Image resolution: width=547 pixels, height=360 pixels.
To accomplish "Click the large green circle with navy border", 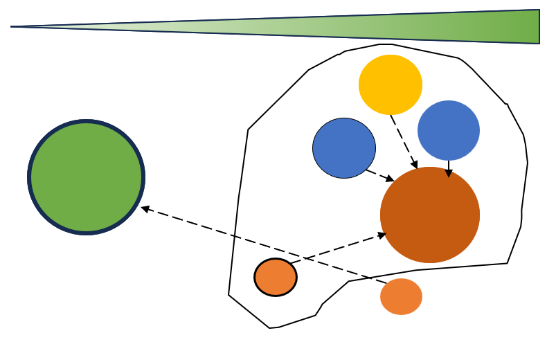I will tap(86, 177).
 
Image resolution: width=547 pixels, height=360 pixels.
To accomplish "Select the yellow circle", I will tap(391, 84).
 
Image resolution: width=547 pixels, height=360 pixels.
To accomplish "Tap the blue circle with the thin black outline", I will tap(344, 148).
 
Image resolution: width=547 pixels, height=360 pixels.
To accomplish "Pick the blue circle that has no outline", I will tap(449, 130).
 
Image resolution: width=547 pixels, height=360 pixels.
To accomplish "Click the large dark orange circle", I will tap(430, 215).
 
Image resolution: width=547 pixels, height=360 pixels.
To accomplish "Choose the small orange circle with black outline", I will tap(276, 277).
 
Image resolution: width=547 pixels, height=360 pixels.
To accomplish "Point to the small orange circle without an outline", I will tap(401, 296).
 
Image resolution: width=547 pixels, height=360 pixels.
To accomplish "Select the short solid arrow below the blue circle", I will tap(449, 168).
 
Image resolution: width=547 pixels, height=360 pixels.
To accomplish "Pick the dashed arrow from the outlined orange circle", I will tap(339, 249).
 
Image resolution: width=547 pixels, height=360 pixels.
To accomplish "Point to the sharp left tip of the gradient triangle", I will tap(13, 27).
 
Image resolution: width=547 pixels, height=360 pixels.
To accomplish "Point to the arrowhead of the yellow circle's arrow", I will tap(415, 165).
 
